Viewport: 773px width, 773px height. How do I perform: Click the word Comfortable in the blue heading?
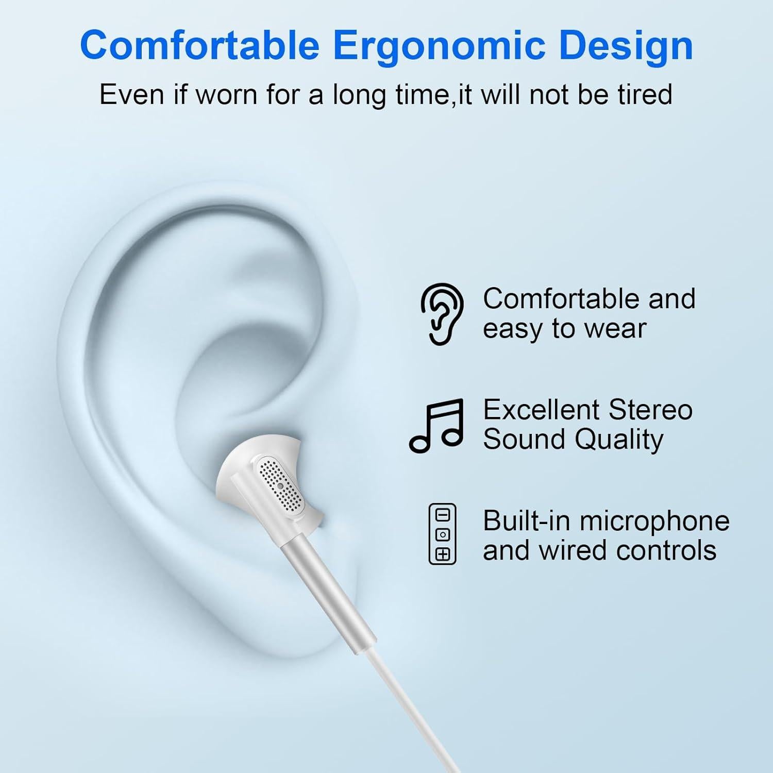pos(199,46)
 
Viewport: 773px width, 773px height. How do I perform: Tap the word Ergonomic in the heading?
pos(440,46)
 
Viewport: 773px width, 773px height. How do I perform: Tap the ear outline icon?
pos(442,313)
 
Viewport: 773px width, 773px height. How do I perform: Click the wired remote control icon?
pos(443,534)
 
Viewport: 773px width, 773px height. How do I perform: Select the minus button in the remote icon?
pos(443,515)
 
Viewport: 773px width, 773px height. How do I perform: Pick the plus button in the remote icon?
pos(443,554)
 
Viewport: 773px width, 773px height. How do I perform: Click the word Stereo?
pos(650,410)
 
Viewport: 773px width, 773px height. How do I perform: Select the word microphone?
pos(654,521)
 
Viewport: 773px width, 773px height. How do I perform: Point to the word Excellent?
pos(541,410)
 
